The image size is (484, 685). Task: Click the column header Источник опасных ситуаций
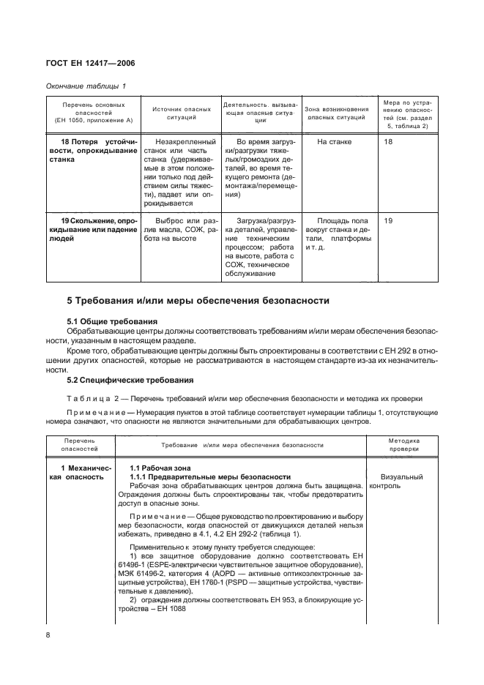pyautogui.click(x=178, y=113)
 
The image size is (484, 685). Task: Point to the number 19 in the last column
pyautogui.click(x=388, y=220)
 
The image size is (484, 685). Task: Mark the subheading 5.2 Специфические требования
pyautogui.click(x=130, y=380)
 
